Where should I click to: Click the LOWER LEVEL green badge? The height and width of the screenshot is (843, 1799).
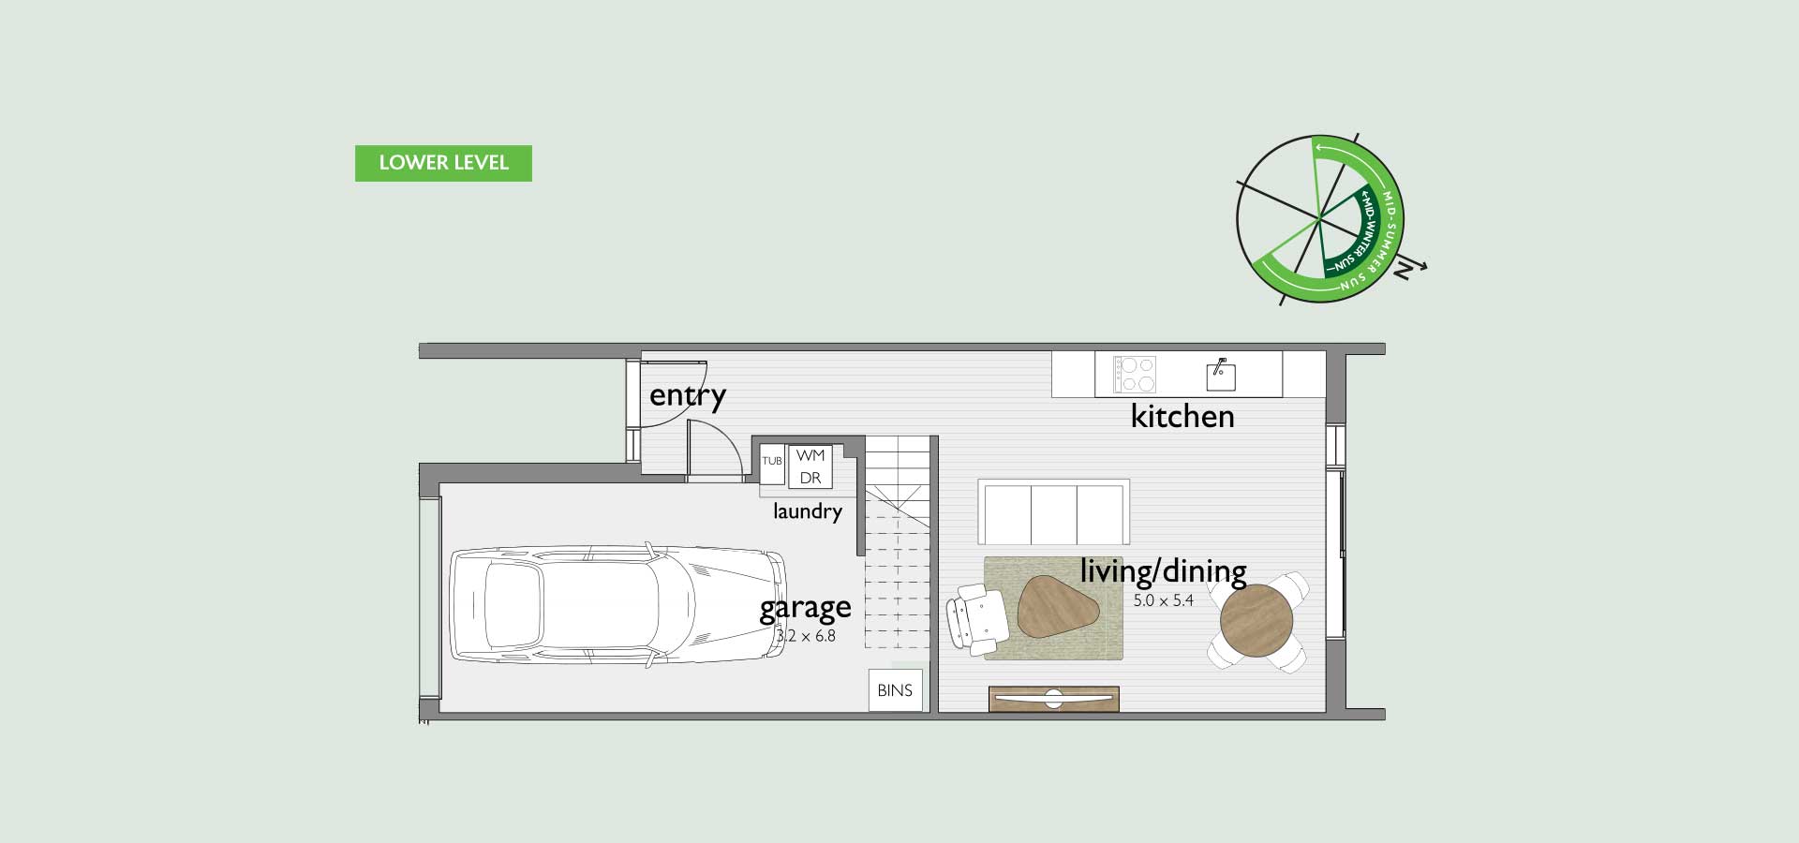(x=443, y=163)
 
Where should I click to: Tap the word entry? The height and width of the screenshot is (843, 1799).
(x=688, y=396)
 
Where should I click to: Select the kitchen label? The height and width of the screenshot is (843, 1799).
(x=1182, y=416)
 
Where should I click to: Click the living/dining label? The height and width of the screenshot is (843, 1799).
(x=1163, y=570)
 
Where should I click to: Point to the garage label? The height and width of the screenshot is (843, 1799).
(x=805, y=608)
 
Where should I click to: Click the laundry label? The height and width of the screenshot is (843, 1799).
(x=808, y=511)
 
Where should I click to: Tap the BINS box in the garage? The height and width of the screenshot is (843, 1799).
(x=895, y=690)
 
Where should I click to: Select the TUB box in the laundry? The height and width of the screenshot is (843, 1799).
(x=772, y=462)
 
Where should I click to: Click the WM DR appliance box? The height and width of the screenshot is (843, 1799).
(x=810, y=466)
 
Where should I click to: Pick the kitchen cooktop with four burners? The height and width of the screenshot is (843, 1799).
(x=1135, y=375)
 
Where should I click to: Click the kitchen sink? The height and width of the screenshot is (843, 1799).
(x=1221, y=375)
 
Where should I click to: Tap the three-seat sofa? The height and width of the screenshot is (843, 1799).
(x=1053, y=511)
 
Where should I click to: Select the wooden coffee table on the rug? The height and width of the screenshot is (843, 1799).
(x=1058, y=606)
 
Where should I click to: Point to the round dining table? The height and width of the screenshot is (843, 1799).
(x=1256, y=619)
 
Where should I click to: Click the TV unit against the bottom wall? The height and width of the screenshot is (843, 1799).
(x=1054, y=699)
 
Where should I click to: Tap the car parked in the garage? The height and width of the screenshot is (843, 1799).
(x=618, y=606)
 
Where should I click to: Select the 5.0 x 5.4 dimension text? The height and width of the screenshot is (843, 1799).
(x=1163, y=601)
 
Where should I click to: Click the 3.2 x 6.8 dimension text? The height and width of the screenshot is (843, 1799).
(x=806, y=636)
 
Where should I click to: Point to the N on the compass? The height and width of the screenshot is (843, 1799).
(x=1403, y=271)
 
